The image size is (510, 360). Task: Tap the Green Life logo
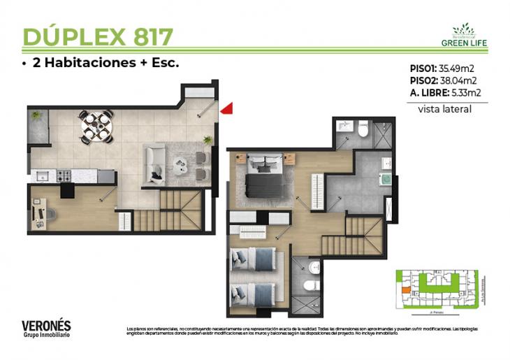click(x=464, y=35)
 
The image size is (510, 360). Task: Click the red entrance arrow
click(x=227, y=108)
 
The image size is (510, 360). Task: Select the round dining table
click(x=96, y=126)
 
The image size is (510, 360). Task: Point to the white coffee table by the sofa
click(x=181, y=166)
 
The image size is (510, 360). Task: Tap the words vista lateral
click(x=444, y=109)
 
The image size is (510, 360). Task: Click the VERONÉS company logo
click(x=46, y=328)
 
